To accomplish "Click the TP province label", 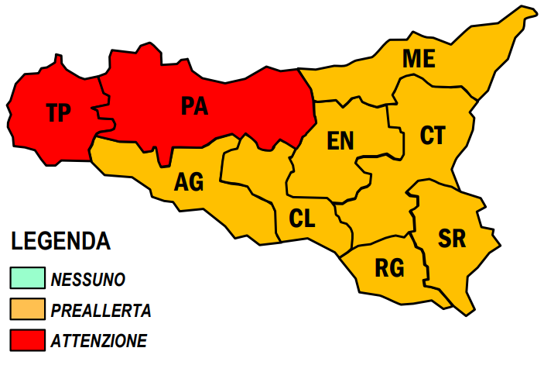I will tap(58, 113).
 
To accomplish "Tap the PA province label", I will tap(195, 105).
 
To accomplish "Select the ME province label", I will tap(419, 59).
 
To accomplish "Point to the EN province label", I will tap(340, 140).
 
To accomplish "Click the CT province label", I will tap(433, 136).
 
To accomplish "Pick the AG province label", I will tap(189, 182).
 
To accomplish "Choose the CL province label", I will tap(302, 219).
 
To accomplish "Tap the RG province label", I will tap(389, 268).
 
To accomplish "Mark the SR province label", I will tap(452, 239).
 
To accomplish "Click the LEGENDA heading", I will tap(60, 241).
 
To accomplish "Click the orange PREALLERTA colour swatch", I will tap(27, 309).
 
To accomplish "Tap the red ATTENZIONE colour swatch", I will tap(27, 339).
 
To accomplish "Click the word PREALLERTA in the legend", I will tap(101, 310).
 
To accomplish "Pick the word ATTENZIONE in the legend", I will tap(98, 340).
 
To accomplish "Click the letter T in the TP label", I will tap(51, 113).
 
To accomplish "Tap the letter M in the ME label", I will tap(411, 59).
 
